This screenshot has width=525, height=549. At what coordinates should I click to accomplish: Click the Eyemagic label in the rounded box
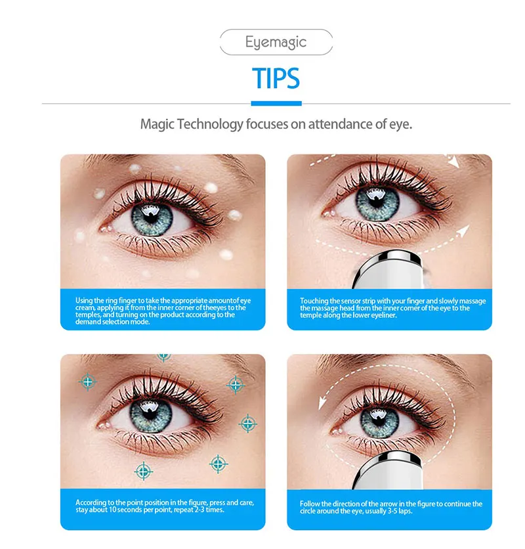[x=276, y=42]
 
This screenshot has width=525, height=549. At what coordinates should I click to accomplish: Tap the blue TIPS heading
[x=276, y=78]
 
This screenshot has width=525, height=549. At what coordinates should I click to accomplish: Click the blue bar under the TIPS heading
[x=276, y=103]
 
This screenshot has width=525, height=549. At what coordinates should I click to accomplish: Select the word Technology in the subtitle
[x=210, y=124]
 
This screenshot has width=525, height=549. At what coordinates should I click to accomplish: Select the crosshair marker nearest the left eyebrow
[x=88, y=382]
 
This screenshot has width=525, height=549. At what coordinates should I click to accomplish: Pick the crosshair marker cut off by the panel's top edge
[x=164, y=357]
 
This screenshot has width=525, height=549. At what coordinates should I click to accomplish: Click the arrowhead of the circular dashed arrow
[x=322, y=403]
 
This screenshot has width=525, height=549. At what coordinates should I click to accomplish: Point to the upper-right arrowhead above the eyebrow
[x=453, y=162]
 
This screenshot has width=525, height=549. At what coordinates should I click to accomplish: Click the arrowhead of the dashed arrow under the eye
[x=464, y=231]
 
